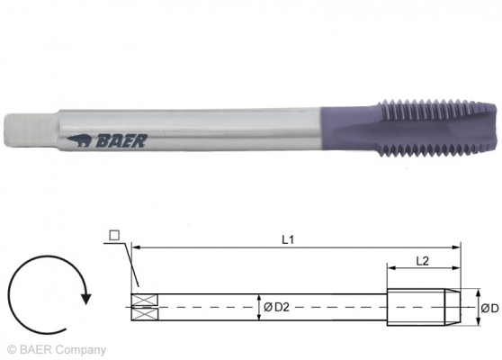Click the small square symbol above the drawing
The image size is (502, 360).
click(x=114, y=236)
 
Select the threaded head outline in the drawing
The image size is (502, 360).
click(x=423, y=307)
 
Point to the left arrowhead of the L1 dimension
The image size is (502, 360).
click(x=136, y=245)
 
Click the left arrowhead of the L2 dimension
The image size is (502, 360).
click(x=391, y=267)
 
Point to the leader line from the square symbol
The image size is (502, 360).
click(x=125, y=265)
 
